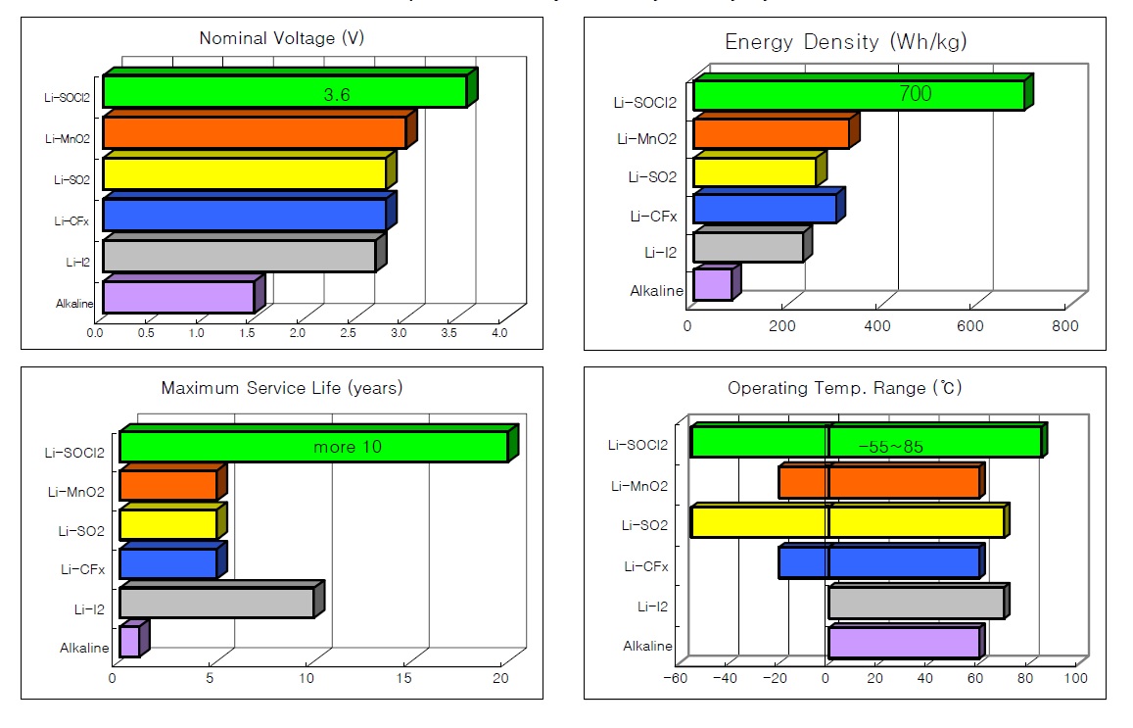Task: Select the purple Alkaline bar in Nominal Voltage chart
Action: pyautogui.click(x=178, y=297)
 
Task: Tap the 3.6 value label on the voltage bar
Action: pyautogui.click(x=337, y=95)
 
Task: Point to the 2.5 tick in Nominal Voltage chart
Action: pyautogui.click(x=350, y=334)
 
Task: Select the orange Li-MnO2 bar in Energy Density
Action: pyautogui.click(x=771, y=133)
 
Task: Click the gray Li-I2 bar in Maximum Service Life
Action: pyautogui.click(x=216, y=602)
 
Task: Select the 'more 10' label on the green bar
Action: pyautogui.click(x=347, y=448)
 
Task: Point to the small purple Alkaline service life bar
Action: pyautogui.click(x=129, y=642)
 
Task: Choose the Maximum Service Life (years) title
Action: pyautogui.click(x=281, y=388)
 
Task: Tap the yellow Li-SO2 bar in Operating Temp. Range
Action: pyautogui.click(x=848, y=521)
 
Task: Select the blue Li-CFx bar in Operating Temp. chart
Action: pyautogui.click(x=879, y=562)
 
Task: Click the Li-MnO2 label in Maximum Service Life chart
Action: pyautogui.click(x=74, y=492)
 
